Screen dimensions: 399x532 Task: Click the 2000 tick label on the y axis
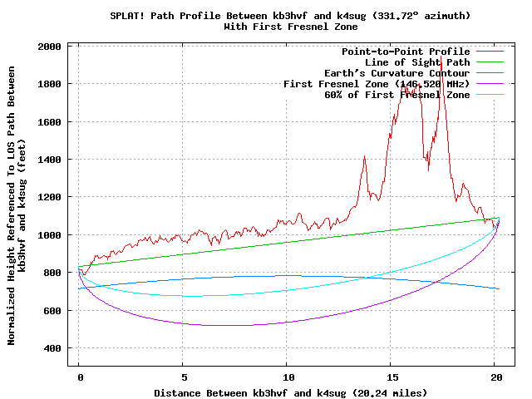coord(49,47)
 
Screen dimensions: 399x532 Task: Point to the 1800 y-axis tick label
coord(49,84)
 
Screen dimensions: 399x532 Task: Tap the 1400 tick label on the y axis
coord(49,160)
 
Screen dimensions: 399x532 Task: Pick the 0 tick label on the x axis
coord(79,376)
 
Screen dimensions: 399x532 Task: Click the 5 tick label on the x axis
coord(183,376)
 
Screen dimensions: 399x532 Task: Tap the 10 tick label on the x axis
coord(287,376)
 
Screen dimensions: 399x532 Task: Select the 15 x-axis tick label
coord(391,376)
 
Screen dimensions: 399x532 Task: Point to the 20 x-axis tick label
coord(495,376)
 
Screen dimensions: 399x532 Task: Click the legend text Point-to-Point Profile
coord(406,52)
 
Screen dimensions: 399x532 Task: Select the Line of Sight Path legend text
coord(417,62)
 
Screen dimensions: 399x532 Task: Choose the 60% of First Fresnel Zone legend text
coord(397,95)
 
